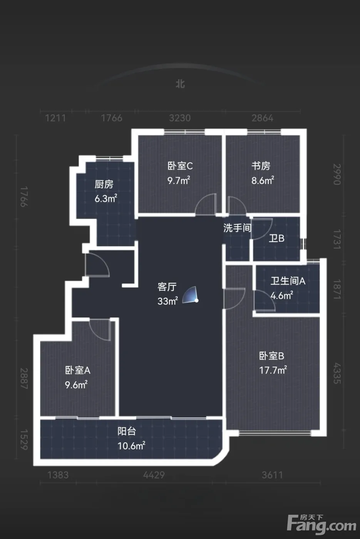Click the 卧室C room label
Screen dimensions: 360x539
180,166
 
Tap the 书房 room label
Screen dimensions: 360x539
261,166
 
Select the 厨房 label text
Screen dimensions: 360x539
104,184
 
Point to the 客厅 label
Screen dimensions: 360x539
167,287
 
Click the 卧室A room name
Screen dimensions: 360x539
77,370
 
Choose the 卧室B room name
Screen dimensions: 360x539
272,356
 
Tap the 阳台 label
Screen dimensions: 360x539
127,431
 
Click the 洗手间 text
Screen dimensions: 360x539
237,228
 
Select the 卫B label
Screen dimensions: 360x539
276,238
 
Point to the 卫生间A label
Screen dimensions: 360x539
288,281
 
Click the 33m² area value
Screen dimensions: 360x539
168,301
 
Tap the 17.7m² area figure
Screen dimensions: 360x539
273,370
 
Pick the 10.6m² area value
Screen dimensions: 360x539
131,446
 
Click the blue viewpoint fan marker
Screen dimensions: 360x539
190,295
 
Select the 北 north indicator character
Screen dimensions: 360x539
180,84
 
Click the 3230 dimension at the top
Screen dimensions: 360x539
180,118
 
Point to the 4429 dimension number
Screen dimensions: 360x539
154,475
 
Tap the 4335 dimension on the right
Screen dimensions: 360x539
337,373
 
